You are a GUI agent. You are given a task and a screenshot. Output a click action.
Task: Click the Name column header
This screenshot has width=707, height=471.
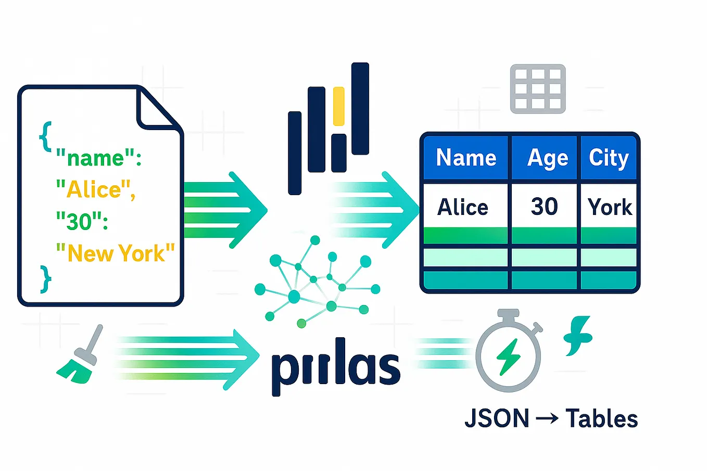pos(466,158)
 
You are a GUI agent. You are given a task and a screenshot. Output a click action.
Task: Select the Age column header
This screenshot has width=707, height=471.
pos(547,158)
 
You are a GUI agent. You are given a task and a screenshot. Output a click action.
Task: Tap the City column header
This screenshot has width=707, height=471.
pos(609,158)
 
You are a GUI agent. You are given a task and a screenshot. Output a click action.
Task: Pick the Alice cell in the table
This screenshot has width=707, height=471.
pos(463,207)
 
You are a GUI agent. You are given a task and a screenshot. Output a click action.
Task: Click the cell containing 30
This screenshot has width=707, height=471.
pos(544,207)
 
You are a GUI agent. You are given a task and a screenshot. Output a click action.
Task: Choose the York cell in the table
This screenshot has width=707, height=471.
pos(610,207)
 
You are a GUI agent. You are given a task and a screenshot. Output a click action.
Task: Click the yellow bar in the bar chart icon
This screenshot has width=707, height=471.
pos(338,106)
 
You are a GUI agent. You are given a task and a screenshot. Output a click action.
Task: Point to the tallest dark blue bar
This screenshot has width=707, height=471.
pos(360,109)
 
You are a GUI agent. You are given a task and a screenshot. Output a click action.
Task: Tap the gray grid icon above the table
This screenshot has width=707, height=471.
pos(538,89)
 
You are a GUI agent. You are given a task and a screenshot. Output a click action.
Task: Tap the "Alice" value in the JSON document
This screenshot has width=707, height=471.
pos(96,189)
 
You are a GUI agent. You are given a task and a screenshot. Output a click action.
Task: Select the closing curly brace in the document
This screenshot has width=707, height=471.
pos(46,279)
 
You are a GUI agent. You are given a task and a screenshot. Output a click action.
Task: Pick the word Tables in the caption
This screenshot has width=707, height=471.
pos(601,418)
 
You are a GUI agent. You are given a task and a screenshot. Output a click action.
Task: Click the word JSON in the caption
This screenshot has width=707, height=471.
pos(497,418)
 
